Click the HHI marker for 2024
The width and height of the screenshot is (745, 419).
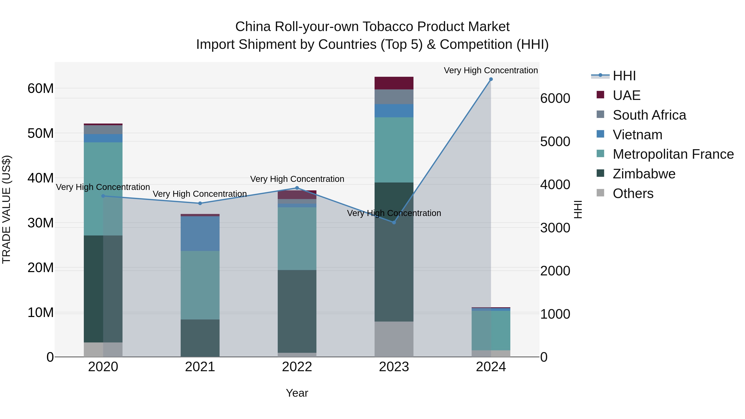click(491, 79)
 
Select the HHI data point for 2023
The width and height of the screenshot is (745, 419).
click(394, 222)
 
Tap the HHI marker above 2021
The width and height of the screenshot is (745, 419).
click(200, 203)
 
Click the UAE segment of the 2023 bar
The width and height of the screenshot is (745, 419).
click(394, 83)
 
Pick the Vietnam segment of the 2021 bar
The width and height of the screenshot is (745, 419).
click(200, 234)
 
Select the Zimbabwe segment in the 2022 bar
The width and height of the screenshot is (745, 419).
click(297, 311)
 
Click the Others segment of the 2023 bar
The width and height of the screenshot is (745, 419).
click(394, 339)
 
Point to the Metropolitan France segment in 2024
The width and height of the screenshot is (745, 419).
click(491, 330)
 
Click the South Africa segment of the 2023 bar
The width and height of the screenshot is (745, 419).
click(394, 97)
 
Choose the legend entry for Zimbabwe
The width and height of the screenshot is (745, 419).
click(644, 174)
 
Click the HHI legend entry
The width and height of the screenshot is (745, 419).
click(624, 76)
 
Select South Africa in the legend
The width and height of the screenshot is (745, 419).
click(649, 115)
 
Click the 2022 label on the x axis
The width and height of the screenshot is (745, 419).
click(297, 367)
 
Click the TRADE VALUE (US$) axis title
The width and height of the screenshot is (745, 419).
click(6, 209)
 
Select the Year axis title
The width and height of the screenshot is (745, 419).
click(297, 393)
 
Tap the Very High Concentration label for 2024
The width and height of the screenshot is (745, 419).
click(491, 70)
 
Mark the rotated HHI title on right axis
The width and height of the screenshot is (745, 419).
click(578, 209)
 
